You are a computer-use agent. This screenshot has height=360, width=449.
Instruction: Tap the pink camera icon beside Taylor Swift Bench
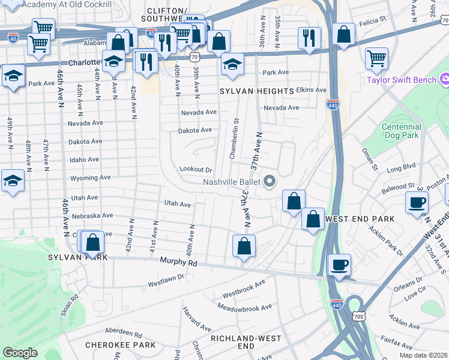(x=445, y=79)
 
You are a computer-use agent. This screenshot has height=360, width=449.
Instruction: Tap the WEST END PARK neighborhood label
(x=360, y=219)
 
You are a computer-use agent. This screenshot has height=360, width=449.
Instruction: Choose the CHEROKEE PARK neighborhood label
(x=120, y=345)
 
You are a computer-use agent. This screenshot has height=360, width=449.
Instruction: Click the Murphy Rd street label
(x=179, y=262)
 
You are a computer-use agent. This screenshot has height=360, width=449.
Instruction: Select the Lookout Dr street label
(x=196, y=170)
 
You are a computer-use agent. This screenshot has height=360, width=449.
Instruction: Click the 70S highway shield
(x=359, y=316)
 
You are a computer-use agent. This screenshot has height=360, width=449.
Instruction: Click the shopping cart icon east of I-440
(x=376, y=58)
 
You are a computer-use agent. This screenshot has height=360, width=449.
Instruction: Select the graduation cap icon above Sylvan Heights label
(x=232, y=64)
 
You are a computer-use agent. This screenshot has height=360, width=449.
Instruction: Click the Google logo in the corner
(x=20, y=353)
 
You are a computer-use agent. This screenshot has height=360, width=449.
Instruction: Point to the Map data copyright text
(x=424, y=355)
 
